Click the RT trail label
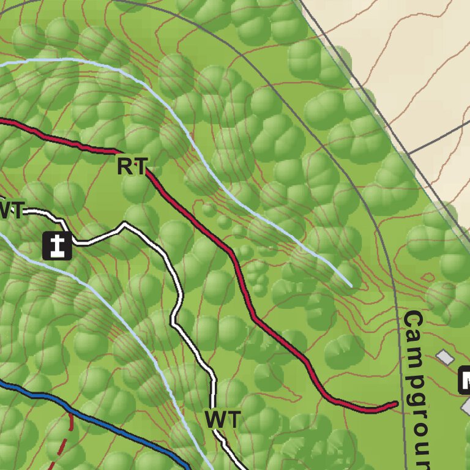(132, 166)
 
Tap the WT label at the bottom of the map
(222, 420)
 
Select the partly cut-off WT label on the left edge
(11, 211)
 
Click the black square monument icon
(57, 245)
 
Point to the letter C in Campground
(414, 320)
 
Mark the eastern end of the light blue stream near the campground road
(350, 286)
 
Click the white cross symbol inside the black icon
(57, 245)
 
